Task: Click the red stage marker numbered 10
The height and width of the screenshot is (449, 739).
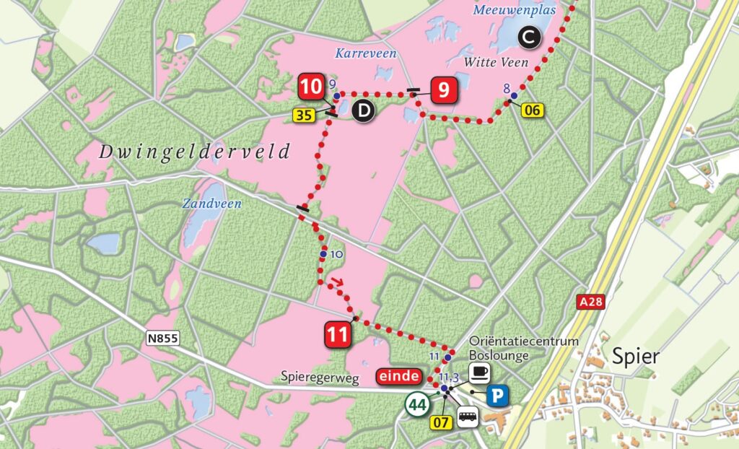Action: coord(312,89)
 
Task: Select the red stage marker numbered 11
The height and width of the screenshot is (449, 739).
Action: coord(338,334)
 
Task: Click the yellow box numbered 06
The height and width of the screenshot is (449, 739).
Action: coord(532,110)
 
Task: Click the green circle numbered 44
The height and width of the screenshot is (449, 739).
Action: coord(416,404)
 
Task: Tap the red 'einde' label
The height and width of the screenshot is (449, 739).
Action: coord(398,375)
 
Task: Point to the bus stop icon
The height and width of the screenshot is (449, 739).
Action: coord(468,416)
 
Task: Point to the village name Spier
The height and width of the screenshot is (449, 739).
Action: coord(635,356)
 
